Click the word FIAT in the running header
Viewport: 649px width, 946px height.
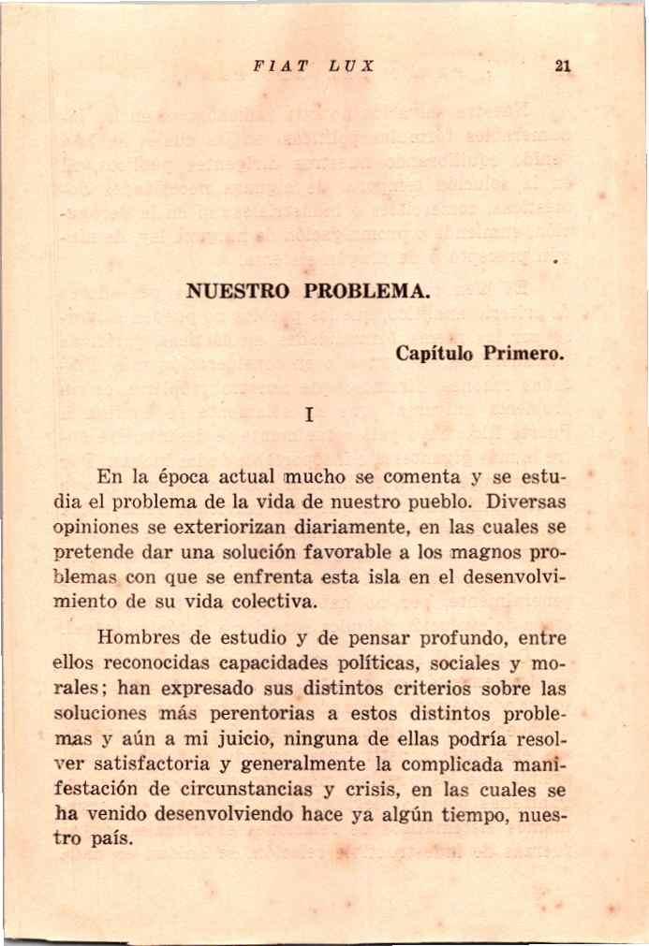pos(275,66)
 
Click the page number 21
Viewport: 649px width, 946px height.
pos(563,66)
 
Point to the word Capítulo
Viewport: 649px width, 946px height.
pos(434,354)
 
